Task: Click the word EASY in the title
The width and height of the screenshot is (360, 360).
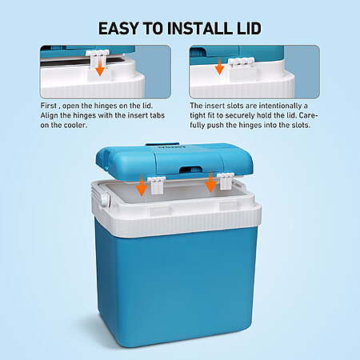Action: click(x=118, y=28)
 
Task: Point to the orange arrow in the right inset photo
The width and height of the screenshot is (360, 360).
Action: click(x=219, y=66)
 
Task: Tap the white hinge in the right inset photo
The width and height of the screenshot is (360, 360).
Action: click(x=240, y=62)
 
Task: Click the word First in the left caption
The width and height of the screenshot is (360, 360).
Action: click(x=49, y=106)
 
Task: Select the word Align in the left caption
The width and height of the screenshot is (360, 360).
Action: click(x=49, y=116)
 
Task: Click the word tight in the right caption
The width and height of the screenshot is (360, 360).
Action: click(x=198, y=116)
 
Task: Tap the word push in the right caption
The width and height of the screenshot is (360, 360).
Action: click(x=216, y=126)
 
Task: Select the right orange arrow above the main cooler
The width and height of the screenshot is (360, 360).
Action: click(x=211, y=182)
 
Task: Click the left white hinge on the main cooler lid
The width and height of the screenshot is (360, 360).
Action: click(x=156, y=185)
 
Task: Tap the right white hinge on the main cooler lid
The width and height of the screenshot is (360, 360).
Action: click(x=226, y=182)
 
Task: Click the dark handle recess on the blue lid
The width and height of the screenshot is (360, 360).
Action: click(x=190, y=169)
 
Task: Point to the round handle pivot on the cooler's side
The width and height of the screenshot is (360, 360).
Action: click(x=105, y=199)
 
